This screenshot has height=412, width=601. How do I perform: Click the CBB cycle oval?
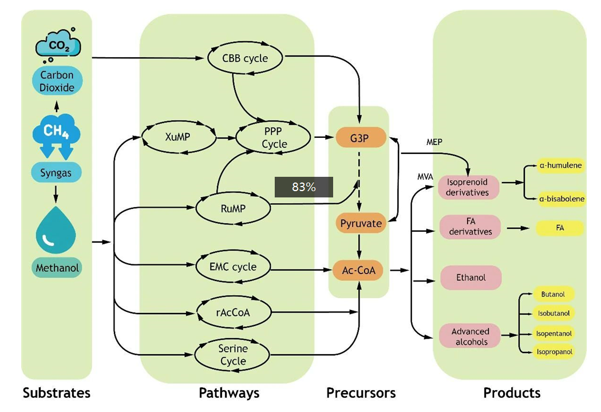[x=245, y=58]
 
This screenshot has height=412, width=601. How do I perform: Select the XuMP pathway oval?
[x=178, y=137]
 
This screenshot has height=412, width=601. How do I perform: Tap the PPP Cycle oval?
[x=274, y=138]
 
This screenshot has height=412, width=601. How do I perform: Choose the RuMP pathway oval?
[x=233, y=209]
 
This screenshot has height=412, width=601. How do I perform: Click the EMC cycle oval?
[x=233, y=267]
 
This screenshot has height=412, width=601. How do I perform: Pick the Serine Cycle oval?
[x=232, y=354]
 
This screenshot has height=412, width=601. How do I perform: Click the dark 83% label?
[x=303, y=187]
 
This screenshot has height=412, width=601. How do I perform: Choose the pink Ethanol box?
[x=470, y=278]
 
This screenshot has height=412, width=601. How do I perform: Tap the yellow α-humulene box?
[x=560, y=165]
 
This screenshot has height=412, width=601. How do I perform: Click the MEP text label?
[x=435, y=141]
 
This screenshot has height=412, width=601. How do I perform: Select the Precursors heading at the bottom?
[x=361, y=393]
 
